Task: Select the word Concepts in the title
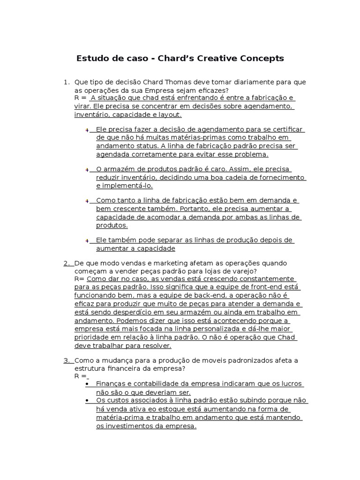click(264, 59)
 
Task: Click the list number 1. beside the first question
click(67, 82)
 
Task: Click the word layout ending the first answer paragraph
click(169, 114)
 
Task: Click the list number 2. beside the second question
click(67, 263)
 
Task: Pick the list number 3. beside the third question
click(67, 360)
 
